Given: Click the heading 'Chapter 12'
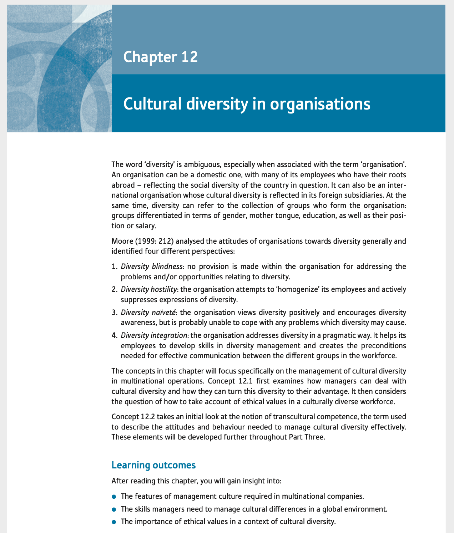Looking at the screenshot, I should (x=160, y=57).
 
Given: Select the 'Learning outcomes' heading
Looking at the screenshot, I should (x=153, y=465).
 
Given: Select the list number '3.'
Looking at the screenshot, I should (x=114, y=313).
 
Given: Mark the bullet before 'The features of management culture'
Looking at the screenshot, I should (x=114, y=497).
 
